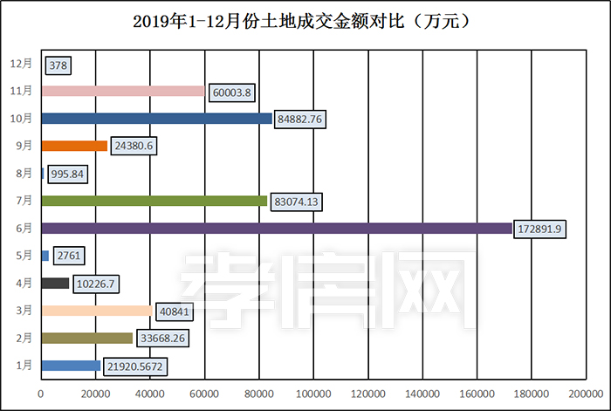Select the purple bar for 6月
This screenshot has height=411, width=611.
(276, 228)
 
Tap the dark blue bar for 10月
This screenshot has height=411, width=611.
(156, 118)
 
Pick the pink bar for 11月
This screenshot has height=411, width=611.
(122, 91)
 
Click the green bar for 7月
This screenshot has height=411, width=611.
(154, 201)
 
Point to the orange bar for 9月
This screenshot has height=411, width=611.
(74, 146)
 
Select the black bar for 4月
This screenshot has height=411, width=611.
(55, 283)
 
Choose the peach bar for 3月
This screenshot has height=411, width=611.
(96, 311)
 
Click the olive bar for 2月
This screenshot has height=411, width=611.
(86, 338)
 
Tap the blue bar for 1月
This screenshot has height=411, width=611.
(71, 366)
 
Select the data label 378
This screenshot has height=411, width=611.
(58, 65)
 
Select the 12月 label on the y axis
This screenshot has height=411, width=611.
(22, 64)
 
